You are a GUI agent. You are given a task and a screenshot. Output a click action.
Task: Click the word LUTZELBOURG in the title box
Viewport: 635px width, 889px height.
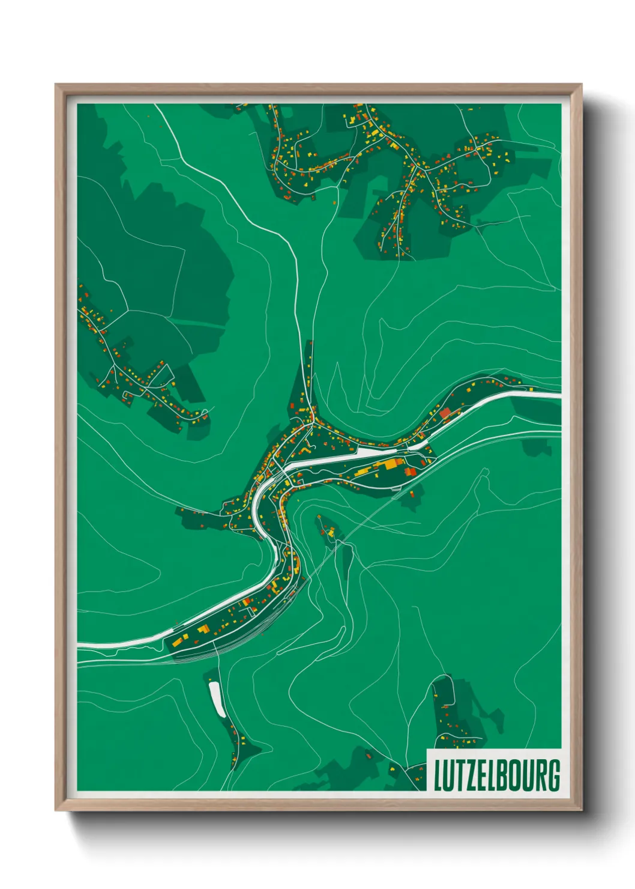coord(496,775)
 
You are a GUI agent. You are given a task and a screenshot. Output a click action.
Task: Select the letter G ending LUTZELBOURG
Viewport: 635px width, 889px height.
coord(553,775)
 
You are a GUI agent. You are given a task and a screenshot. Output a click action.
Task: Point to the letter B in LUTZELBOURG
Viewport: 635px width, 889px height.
coord(503,775)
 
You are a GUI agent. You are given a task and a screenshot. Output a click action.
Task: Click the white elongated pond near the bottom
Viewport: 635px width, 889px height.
coord(216,699)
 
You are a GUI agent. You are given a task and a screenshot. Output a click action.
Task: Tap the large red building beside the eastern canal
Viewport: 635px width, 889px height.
coord(445,413)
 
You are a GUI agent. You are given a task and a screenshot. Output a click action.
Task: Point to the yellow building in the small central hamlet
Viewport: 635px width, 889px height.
coord(330,531)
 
